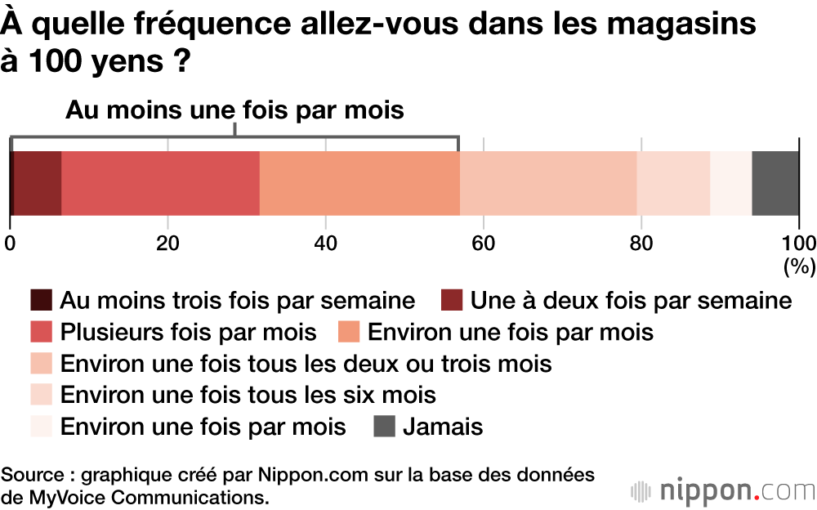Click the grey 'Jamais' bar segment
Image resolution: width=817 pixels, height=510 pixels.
coord(775,183)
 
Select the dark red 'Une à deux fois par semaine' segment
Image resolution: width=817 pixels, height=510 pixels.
coord(38,183)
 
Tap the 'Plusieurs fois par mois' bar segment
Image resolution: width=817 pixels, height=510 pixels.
coord(160,183)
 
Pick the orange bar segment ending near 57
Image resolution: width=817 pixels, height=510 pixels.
coord(359,183)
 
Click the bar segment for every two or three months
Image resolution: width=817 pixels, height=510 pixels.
coord(548,183)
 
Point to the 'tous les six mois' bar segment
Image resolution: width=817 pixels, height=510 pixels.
coord(673,183)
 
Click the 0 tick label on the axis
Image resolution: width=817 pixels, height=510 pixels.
coord(10,243)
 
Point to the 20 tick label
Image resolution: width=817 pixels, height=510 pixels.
coord(167,243)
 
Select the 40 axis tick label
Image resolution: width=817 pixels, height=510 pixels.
coord(325,243)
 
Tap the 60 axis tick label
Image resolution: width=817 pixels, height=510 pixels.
coord(484,243)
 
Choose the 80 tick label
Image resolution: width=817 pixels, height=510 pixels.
coord(641,243)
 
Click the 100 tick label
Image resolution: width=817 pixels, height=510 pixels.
coord(798,243)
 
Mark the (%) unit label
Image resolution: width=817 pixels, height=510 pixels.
coord(798,266)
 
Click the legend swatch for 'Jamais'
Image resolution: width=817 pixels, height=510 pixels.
coord(385,427)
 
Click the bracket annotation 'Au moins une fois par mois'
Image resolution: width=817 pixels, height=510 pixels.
coord(234,110)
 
